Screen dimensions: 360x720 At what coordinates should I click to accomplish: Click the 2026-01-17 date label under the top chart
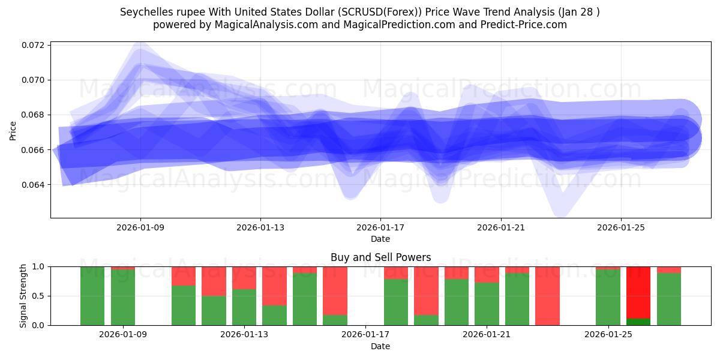click(380, 228)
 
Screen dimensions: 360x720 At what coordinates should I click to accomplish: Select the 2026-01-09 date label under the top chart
click(140, 228)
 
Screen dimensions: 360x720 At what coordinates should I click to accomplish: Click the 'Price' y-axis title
click(13, 130)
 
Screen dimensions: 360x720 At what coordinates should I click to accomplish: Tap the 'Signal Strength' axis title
click(23, 296)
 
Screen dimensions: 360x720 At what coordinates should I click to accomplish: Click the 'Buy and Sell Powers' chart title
click(380, 257)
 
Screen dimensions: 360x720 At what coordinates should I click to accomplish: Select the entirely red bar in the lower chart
click(547, 296)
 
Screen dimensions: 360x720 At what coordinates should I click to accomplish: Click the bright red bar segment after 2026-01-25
click(638, 292)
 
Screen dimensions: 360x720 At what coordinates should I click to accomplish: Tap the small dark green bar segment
click(638, 322)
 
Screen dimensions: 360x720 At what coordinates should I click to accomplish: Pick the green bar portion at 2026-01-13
click(244, 307)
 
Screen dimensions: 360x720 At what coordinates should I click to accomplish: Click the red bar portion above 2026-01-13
click(244, 278)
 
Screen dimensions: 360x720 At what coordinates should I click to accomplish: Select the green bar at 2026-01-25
click(608, 297)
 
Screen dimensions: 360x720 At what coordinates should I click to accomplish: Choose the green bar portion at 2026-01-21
click(487, 304)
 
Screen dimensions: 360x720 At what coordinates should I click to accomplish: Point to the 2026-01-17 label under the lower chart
click(365, 334)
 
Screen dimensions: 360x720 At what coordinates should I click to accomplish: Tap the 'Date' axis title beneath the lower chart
click(380, 346)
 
